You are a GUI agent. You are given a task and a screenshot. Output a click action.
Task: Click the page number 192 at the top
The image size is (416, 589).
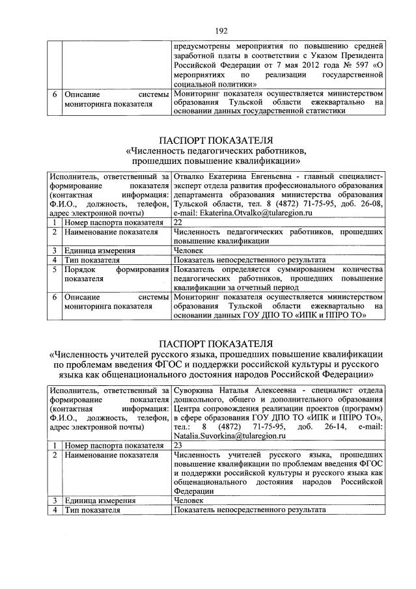208,29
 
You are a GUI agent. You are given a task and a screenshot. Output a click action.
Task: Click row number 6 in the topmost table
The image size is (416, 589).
54,93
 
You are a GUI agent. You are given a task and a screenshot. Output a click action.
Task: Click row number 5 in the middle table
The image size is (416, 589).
55,269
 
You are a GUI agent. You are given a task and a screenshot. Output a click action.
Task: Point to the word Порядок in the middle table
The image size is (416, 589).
81,269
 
